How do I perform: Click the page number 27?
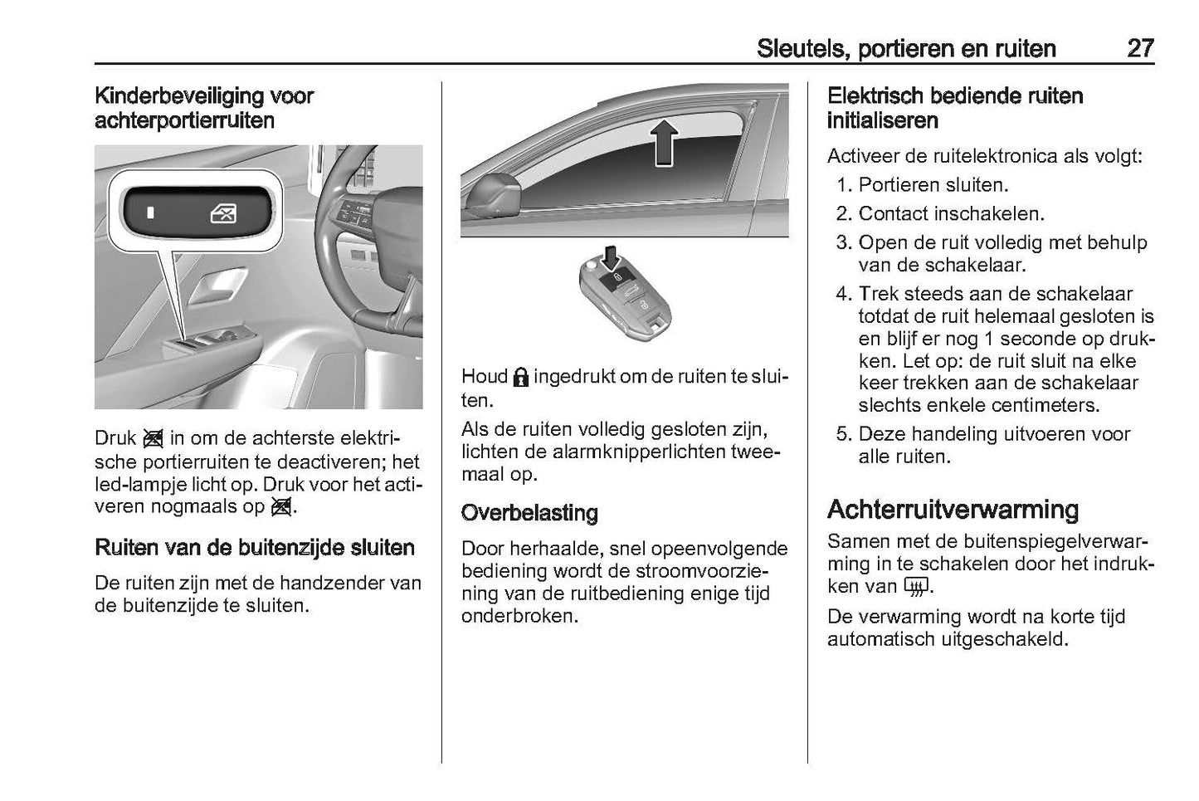click(x=1139, y=48)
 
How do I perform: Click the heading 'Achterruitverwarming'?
click(x=953, y=509)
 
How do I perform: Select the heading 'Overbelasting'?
click(x=529, y=513)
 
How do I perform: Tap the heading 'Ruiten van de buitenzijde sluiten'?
click(x=255, y=548)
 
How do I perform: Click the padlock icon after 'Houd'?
click(x=520, y=378)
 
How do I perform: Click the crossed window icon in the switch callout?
click(x=223, y=214)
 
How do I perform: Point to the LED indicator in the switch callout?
click(x=150, y=213)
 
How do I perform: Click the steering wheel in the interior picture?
click(x=365, y=241)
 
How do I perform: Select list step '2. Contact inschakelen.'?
click(x=939, y=214)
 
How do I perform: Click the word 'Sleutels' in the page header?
click(x=798, y=49)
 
